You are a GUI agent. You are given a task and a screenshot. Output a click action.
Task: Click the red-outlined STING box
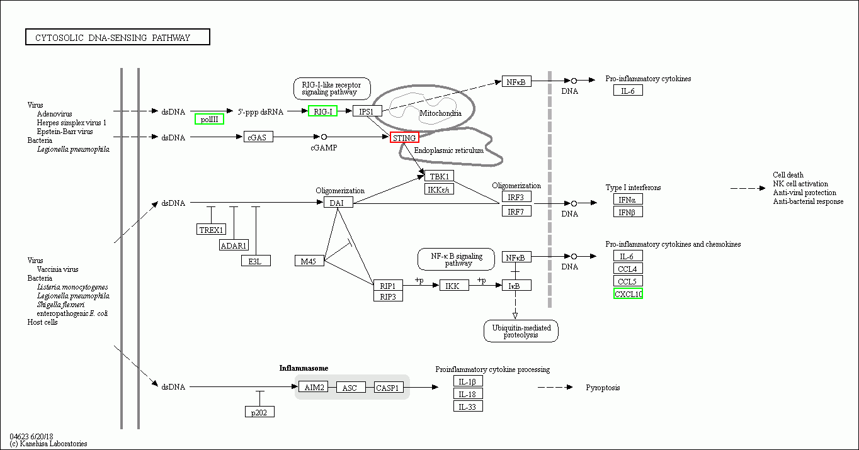click(x=404, y=138)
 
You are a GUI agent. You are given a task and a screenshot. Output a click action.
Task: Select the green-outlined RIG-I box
click(x=322, y=111)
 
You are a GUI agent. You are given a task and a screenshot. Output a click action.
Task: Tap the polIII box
click(x=209, y=119)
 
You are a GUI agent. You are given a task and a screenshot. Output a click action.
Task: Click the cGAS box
click(x=258, y=137)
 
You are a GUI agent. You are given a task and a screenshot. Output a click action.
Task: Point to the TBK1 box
click(x=439, y=176)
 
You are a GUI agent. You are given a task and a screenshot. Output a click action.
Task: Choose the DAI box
click(x=338, y=203)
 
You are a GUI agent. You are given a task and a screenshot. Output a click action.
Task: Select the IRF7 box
click(x=516, y=211)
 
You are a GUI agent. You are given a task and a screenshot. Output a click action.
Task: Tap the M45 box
click(x=309, y=261)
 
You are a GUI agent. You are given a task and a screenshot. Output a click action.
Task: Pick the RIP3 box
click(x=387, y=296)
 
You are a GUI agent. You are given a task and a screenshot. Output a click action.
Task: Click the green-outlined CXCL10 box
click(x=628, y=294)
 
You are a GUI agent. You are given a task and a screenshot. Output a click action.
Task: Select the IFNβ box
click(x=628, y=212)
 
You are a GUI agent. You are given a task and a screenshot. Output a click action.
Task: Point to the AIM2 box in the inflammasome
click(x=313, y=388)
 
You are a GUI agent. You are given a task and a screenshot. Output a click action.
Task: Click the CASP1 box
click(x=389, y=388)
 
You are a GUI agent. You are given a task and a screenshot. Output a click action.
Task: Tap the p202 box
click(x=259, y=412)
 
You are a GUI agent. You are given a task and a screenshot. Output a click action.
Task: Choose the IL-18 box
click(x=468, y=394)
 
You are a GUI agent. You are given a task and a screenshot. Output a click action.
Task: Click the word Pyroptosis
click(x=603, y=388)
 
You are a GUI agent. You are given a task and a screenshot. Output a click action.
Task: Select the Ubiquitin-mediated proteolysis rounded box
click(x=521, y=331)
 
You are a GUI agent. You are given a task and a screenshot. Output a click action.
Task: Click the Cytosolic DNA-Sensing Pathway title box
click(x=118, y=38)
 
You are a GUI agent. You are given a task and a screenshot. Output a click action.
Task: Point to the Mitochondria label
click(x=440, y=113)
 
